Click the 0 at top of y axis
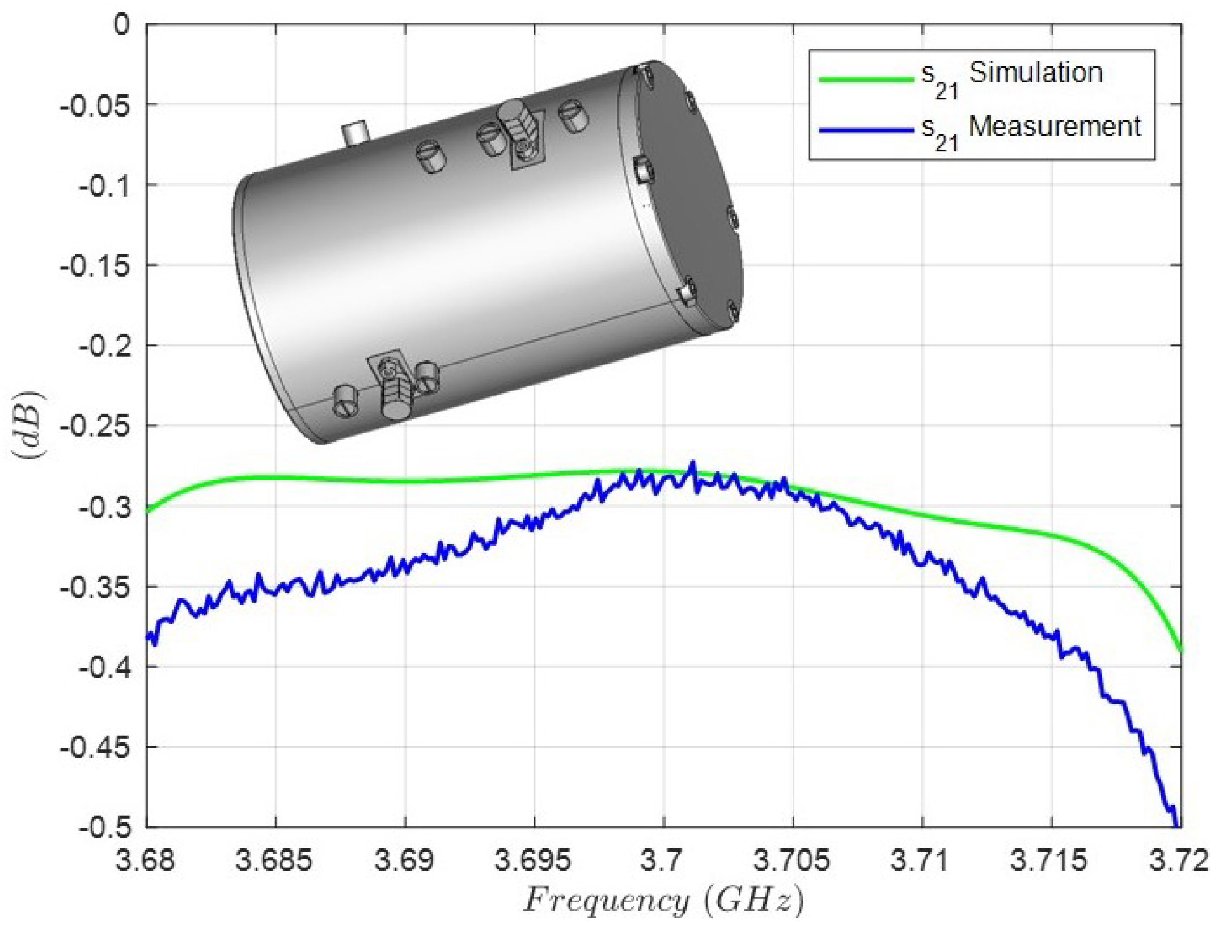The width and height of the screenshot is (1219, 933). pyautogui.click(x=121, y=25)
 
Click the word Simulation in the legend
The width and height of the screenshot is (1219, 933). pyautogui.click(x=1035, y=73)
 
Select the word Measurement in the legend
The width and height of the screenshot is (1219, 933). pyautogui.click(x=1055, y=126)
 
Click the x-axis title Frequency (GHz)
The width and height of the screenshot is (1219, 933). pyautogui.click(x=663, y=901)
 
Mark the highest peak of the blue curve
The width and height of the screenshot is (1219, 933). pyautogui.click(x=692, y=464)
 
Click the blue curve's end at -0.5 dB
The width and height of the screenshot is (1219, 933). pyautogui.click(x=1176, y=825)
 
